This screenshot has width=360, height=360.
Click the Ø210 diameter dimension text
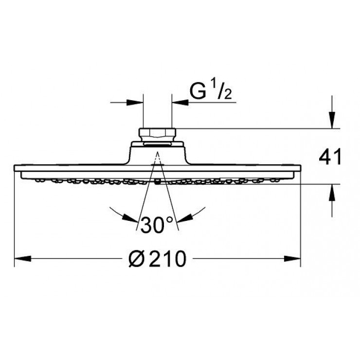coord(157,259)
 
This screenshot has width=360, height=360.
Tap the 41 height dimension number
coord(330,157)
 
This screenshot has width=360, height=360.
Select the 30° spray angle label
coord(157,225)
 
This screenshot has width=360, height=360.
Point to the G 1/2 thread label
coord(211,91)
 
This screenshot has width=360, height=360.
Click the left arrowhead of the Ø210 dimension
coord(22,259)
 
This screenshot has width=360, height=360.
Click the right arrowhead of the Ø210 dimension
coord(292,259)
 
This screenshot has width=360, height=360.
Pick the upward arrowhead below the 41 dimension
coord(332,192)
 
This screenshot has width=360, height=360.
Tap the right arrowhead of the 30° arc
coord(184,218)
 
